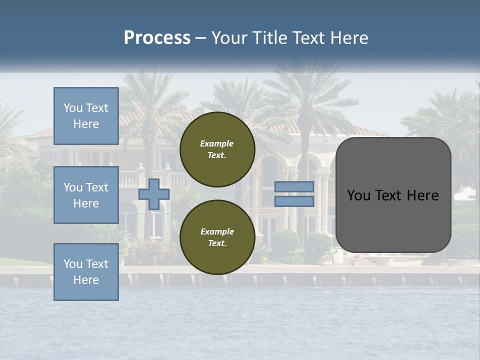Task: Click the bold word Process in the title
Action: tap(157, 38)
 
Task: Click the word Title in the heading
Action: tap(266, 38)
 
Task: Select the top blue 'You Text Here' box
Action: tap(86, 116)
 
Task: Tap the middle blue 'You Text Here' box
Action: tap(86, 195)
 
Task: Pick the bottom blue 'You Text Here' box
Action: tap(86, 272)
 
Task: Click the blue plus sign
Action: tap(154, 194)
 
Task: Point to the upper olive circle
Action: tap(217, 149)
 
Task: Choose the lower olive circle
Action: tap(217, 237)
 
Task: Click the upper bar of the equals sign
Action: tap(294, 187)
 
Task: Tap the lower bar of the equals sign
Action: tap(294, 201)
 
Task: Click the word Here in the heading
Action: tap(348, 38)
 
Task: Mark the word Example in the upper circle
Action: tap(217, 143)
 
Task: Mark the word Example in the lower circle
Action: tap(217, 231)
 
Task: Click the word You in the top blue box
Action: tap(72, 108)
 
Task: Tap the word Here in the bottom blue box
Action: tap(86, 280)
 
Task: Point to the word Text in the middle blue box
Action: tap(96, 187)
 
